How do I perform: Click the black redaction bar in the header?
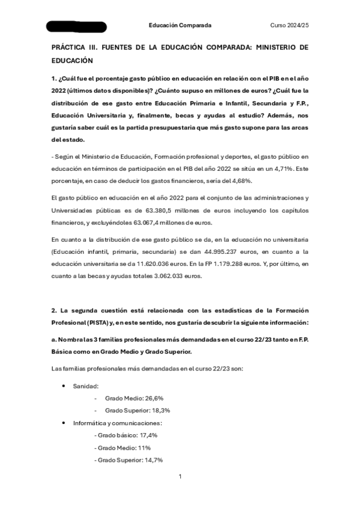76,26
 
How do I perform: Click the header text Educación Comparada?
180,25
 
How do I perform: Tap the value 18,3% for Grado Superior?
159,410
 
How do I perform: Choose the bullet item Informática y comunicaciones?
117,423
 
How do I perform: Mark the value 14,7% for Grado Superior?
153,459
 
